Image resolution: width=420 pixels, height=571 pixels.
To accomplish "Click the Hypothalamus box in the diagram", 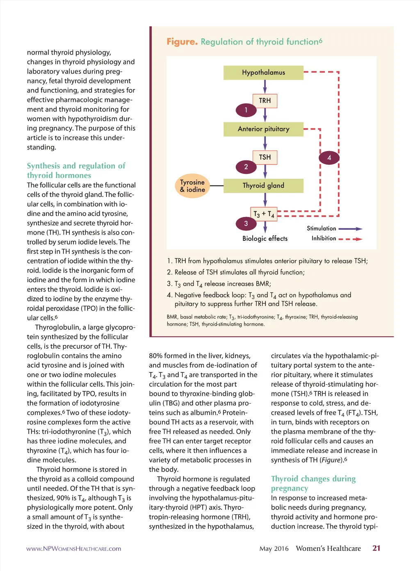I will pyautogui.click(x=263, y=73).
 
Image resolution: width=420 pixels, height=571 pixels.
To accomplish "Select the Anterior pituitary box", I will pyautogui.click(x=263, y=129).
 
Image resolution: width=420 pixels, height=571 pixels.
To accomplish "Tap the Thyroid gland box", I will pyautogui.click(x=263, y=186).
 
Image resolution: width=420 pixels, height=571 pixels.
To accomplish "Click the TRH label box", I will pyautogui.click(x=265, y=100).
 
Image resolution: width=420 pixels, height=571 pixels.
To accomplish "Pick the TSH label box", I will pyautogui.click(x=265, y=157).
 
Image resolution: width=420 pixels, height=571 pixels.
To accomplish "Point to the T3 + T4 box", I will pyautogui.click(x=264, y=214).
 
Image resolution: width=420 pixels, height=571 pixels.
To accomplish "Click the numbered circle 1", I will pyautogui.click(x=246, y=110).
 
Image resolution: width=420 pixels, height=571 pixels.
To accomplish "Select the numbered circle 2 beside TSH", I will pyautogui.click(x=246, y=167).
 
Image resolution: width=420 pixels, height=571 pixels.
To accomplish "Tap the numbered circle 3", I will pyautogui.click(x=246, y=224).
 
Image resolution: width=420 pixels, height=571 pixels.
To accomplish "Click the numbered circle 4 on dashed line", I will pyautogui.click(x=329, y=158).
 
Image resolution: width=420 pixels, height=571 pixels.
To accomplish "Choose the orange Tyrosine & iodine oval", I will pyautogui.click(x=192, y=186).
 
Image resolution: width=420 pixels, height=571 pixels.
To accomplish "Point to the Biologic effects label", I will pyautogui.click(x=265, y=239).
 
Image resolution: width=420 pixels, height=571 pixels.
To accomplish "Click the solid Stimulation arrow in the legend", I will pyautogui.click(x=350, y=229).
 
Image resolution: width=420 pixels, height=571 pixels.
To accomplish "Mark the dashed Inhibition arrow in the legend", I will pyautogui.click(x=350, y=239).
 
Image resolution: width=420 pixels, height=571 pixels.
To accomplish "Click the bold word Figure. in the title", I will pyautogui.click(x=182, y=42).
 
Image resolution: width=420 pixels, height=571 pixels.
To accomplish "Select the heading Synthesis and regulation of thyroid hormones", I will pyautogui.click(x=76, y=171).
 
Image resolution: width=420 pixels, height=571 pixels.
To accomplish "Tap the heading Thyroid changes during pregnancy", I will pyautogui.click(x=313, y=483).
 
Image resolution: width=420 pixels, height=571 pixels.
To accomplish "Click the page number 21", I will pyautogui.click(x=376, y=548).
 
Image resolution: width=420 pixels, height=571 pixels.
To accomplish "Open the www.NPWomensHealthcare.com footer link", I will pyautogui.click(x=74, y=549).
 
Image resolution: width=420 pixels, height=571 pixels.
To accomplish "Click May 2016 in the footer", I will pyautogui.click(x=274, y=549).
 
